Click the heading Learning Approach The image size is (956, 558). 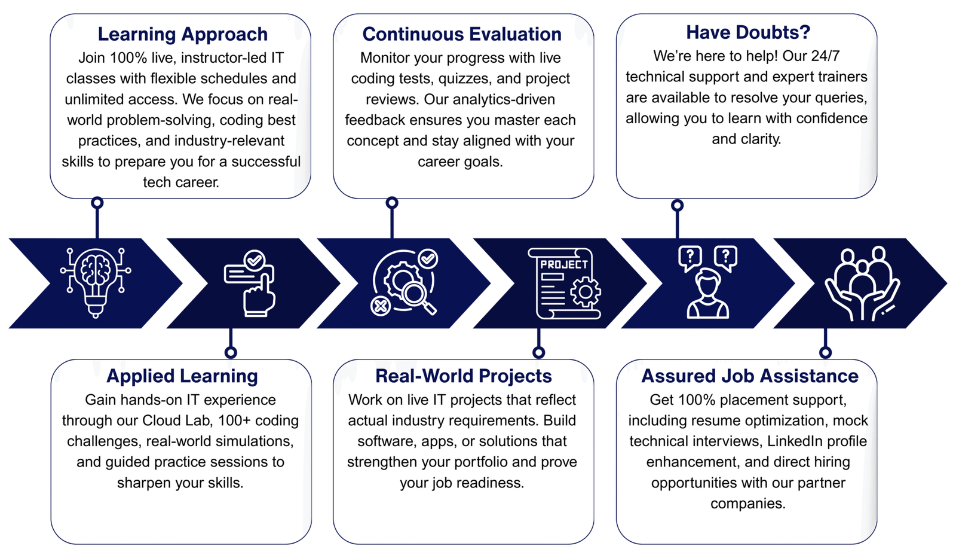pyautogui.click(x=183, y=35)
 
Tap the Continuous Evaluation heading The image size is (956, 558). pyautogui.click(x=462, y=34)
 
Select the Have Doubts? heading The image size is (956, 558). pyautogui.click(x=748, y=32)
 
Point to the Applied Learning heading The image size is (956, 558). pyautogui.click(x=182, y=376)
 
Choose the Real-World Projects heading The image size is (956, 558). pyautogui.click(x=464, y=376)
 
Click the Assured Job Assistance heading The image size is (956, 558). pyautogui.click(x=750, y=376)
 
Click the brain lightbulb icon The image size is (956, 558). pyautogui.click(x=96, y=283)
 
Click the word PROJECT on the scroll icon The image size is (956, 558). pyautogui.click(x=564, y=265)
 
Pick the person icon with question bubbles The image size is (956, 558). pyautogui.click(x=707, y=282)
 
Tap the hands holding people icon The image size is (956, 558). pyautogui.click(x=862, y=283)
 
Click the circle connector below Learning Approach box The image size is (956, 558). pyautogui.click(x=97, y=203)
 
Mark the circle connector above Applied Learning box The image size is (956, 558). pyautogui.click(x=231, y=352)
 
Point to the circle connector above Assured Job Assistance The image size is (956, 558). pyautogui.click(x=825, y=352)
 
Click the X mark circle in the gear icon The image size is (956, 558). pyautogui.click(x=381, y=306)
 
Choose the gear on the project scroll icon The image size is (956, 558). pyautogui.click(x=585, y=292)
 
